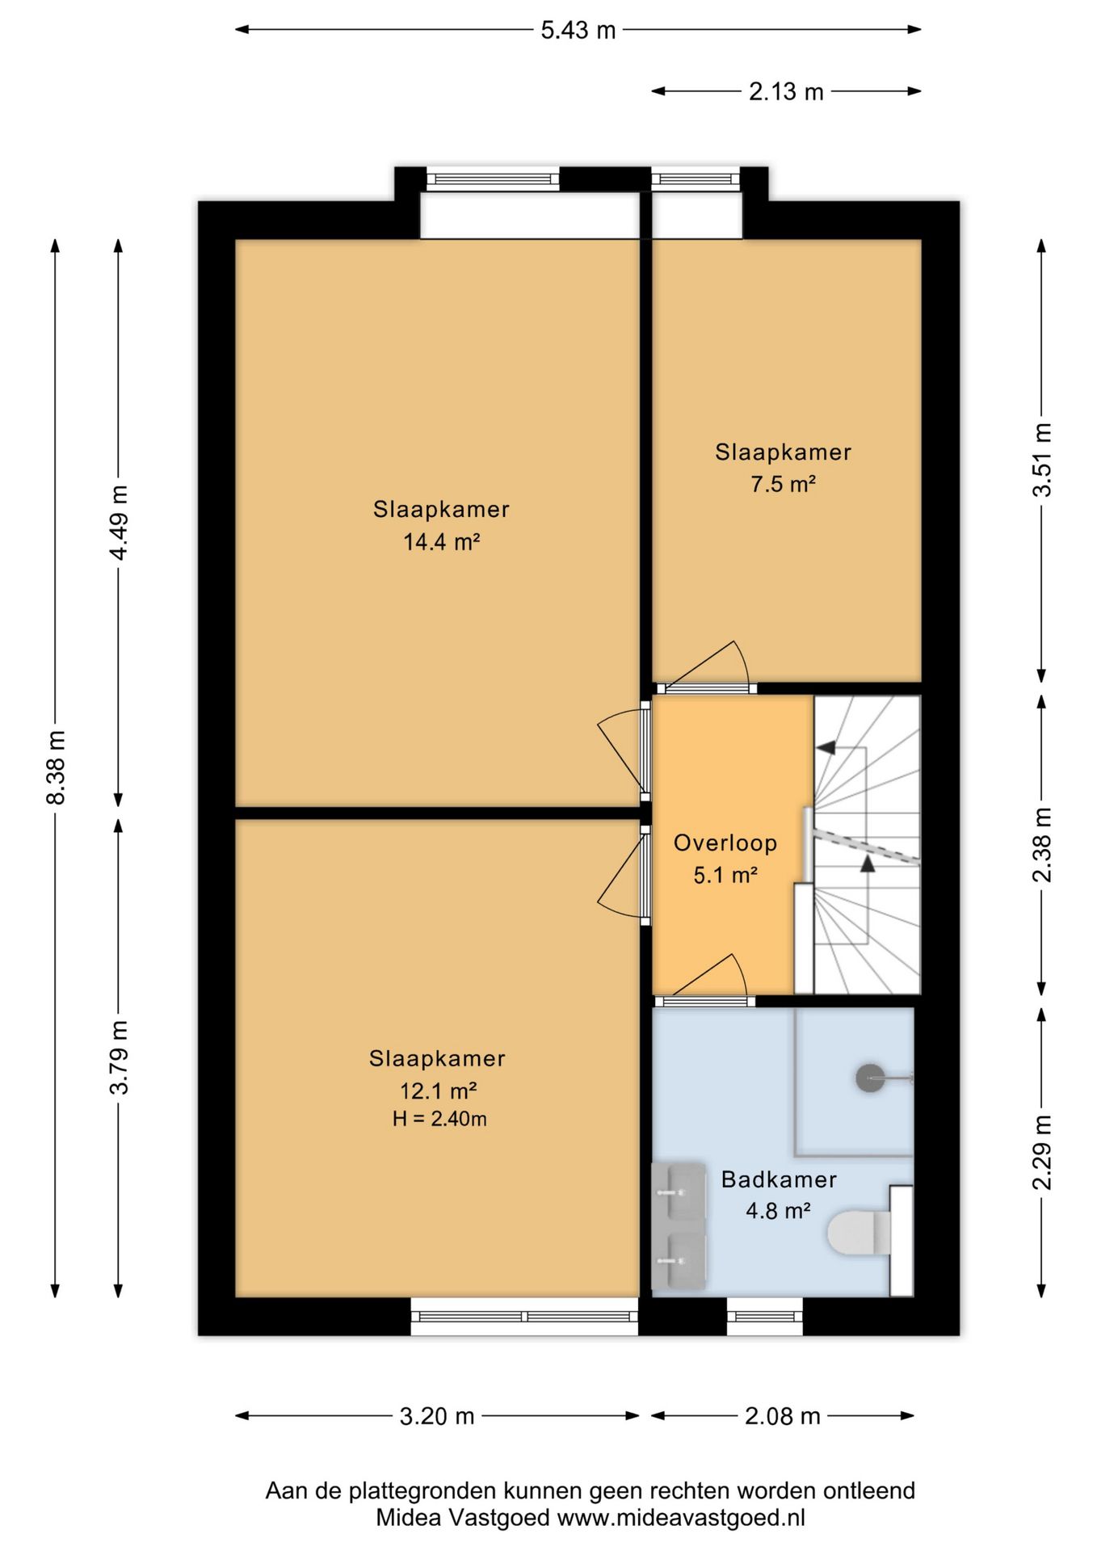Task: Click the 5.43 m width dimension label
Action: tap(578, 31)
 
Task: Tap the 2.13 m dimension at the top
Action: tap(786, 92)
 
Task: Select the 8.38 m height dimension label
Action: tap(56, 767)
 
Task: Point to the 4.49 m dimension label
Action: tap(119, 523)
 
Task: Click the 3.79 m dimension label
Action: tap(119, 1057)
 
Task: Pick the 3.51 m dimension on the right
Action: tap(1043, 460)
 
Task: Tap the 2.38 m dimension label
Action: tap(1043, 845)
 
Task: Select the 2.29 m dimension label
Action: tap(1043, 1152)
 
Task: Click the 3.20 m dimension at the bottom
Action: tap(437, 1416)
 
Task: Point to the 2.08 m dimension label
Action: tap(782, 1416)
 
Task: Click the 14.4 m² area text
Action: tap(442, 541)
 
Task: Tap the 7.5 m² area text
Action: tap(783, 484)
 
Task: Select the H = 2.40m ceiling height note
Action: tap(439, 1119)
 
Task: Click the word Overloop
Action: tap(725, 843)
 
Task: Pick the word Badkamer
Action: tap(779, 1179)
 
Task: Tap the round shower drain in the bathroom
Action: tap(870, 1078)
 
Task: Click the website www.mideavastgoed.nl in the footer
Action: tap(681, 1518)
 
